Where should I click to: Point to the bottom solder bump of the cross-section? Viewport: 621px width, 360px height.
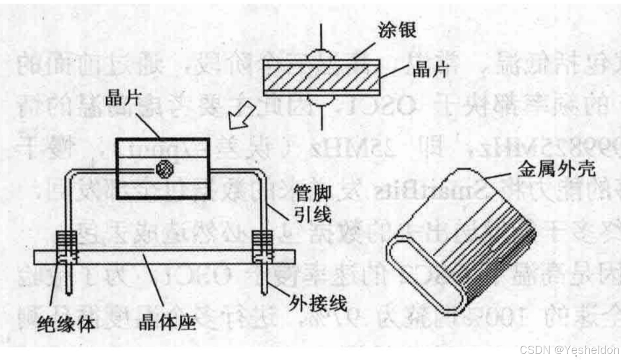[321, 102]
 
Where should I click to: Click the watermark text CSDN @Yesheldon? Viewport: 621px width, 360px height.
[569, 350]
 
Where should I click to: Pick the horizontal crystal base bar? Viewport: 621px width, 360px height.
[164, 257]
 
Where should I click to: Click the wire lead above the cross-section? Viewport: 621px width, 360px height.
[321, 35]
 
